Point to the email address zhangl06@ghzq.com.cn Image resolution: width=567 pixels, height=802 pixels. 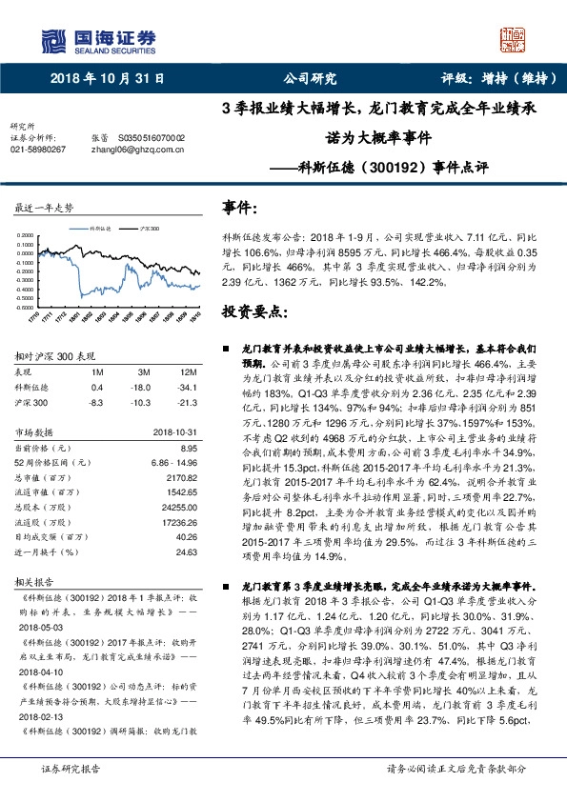[137, 150]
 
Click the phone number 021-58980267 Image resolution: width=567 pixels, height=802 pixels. [38, 150]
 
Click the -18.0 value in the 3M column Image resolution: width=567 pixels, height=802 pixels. [143, 388]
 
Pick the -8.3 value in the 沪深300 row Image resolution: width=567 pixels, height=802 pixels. [96, 403]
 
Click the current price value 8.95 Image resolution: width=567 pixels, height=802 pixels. [187, 447]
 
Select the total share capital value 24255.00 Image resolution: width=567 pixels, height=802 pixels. [176, 509]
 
